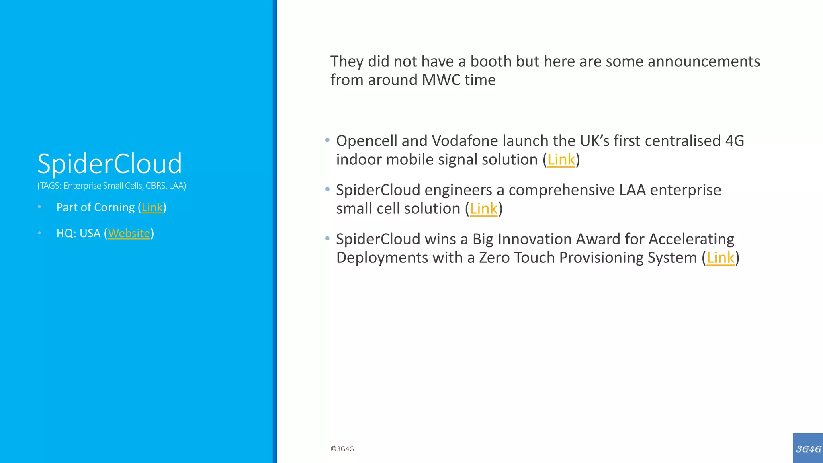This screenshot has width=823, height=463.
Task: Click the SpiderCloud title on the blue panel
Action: (109, 164)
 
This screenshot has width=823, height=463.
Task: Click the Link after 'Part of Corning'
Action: (152, 207)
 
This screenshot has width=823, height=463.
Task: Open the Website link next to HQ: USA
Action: (129, 234)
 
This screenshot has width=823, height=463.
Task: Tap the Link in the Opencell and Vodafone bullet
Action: (561, 160)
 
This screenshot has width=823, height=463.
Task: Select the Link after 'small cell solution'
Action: (483, 209)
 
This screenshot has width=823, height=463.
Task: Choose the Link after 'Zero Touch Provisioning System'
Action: (720, 258)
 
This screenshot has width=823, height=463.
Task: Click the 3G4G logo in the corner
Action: (808, 448)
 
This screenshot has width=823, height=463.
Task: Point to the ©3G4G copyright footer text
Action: (342, 449)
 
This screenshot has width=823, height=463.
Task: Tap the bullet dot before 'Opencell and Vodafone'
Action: (327, 140)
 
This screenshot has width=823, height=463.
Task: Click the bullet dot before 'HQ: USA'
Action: (39, 233)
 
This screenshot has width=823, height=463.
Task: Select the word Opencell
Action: (366, 141)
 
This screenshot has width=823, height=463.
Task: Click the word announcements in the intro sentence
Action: (703, 61)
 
